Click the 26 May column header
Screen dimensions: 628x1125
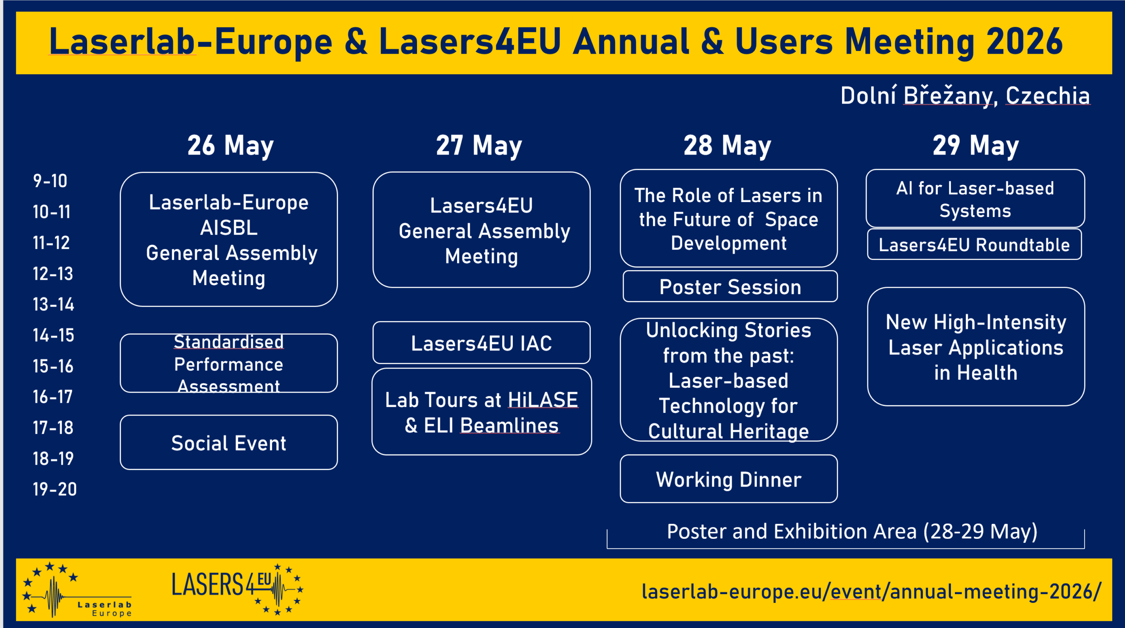coord(230,146)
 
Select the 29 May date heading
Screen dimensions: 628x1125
coord(976,146)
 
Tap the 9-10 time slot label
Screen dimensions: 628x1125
coord(50,181)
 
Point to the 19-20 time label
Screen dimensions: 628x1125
coord(54,489)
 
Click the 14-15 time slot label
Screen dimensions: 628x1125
coord(53,336)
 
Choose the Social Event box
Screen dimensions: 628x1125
coord(229,443)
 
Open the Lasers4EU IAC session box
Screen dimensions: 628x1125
coord(481,343)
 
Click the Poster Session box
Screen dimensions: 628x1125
coord(730,287)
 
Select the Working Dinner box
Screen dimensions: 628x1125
coord(729,479)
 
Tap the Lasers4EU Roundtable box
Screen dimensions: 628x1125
coord(974,245)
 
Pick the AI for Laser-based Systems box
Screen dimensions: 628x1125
coord(975,199)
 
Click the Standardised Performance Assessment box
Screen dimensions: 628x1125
coord(229,364)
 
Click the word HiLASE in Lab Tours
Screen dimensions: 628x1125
coord(543,400)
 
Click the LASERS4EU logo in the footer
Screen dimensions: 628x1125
coord(237,588)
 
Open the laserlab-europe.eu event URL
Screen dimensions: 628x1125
coord(871,592)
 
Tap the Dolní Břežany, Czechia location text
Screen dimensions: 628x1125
coord(965,96)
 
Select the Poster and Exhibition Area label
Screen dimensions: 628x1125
coord(852,531)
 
